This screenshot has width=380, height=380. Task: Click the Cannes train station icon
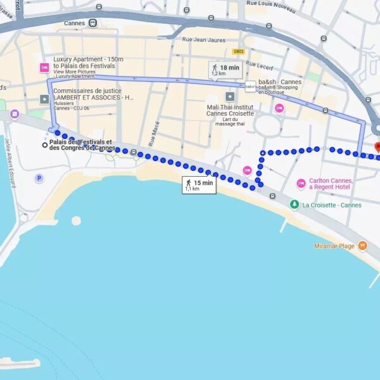click(x=93, y=23)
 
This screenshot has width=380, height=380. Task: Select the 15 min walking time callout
click(x=199, y=185)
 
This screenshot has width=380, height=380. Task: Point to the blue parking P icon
click(x=40, y=178)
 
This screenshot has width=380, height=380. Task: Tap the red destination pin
click(x=377, y=147)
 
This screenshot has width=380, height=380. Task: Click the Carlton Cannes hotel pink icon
click(x=301, y=184)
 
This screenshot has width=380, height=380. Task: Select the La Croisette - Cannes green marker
click(x=294, y=205)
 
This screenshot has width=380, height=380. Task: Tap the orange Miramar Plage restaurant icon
click(x=362, y=245)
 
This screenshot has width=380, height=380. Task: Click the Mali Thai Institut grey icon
click(x=230, y=96)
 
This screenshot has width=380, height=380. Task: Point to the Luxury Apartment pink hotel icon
click(x=44, y=67)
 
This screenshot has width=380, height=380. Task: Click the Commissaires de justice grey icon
click(x=44, y=99)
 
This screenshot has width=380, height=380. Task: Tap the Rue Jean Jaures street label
click(x=203, y=40)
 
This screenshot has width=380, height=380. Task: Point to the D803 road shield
click(x=238, y=51)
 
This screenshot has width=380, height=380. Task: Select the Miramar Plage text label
click(x=334, y=246)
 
